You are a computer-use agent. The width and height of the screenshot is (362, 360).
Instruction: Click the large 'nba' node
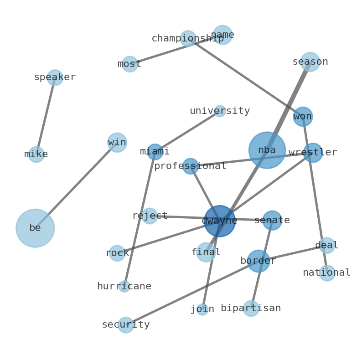[267, 150]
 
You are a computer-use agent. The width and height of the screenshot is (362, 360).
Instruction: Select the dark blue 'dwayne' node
[219, 221]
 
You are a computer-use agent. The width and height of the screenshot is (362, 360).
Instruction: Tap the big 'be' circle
[35, 228]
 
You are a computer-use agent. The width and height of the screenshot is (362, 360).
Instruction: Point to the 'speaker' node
[55, 77]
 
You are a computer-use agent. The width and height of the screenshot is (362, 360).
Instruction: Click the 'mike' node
[36, 154]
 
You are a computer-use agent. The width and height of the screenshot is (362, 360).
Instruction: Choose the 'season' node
[310, 62]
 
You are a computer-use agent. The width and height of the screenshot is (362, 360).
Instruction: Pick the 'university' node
[220, 111]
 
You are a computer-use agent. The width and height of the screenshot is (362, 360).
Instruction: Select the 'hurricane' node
[124, 287]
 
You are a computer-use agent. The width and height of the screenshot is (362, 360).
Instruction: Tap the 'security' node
[126, 325]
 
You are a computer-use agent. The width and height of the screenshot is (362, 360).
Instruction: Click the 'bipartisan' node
[251, 309]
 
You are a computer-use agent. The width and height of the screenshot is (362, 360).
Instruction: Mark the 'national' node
[327, 273]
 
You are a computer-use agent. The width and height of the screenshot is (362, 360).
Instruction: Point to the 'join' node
[202, 309]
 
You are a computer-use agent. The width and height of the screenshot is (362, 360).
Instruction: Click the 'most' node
[129, 64]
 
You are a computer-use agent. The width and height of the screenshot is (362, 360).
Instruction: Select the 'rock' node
[117, 253]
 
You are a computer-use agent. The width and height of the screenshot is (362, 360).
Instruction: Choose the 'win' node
[117, 143]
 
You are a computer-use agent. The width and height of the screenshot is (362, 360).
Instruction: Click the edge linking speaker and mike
[46, 116]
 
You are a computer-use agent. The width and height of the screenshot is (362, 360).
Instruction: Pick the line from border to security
[191, 293]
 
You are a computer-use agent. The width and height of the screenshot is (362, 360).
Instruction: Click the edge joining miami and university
[187, 132]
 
